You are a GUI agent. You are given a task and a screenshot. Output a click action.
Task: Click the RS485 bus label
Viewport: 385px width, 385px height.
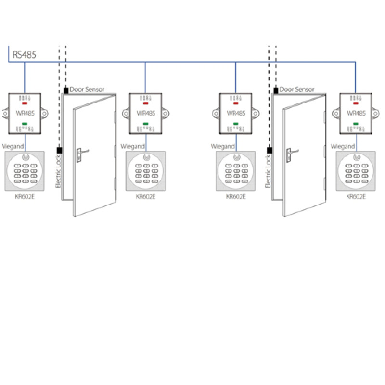(x=25, y=54)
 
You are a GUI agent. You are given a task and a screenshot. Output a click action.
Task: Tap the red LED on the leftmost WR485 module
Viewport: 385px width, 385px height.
(x=25, y=103)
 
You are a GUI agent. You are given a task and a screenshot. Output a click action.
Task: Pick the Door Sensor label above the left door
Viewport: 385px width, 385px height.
(x=87, y=90)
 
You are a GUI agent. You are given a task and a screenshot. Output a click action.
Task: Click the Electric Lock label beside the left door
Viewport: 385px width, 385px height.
(x=58, y=171)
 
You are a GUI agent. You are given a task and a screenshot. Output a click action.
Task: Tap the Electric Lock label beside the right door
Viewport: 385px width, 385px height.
(x=269, y=171)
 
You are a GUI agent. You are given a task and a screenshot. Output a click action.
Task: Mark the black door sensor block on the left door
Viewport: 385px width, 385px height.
(x=65, y=90)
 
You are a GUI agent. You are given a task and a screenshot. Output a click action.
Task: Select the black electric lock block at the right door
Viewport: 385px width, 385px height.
(x=269, y=150)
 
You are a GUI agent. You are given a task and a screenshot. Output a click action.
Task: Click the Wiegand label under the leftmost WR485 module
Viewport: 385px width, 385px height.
(x=13, y=146)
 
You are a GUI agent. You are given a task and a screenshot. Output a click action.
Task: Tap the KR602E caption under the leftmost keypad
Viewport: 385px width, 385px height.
(x=25, y=196)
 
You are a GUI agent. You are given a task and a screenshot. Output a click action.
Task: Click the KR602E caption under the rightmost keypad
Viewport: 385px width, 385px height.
(x=356, y=196)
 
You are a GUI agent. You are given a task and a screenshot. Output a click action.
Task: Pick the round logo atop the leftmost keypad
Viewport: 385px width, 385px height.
(x=25, y=158)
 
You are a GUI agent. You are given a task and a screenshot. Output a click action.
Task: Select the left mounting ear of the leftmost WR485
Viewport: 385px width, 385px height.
(x=5, y=114)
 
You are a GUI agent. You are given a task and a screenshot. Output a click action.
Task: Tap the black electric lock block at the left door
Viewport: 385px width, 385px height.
(x=59, y=150)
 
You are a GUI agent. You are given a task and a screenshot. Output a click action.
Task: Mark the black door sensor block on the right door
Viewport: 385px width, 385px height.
(x=275, y=90)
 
